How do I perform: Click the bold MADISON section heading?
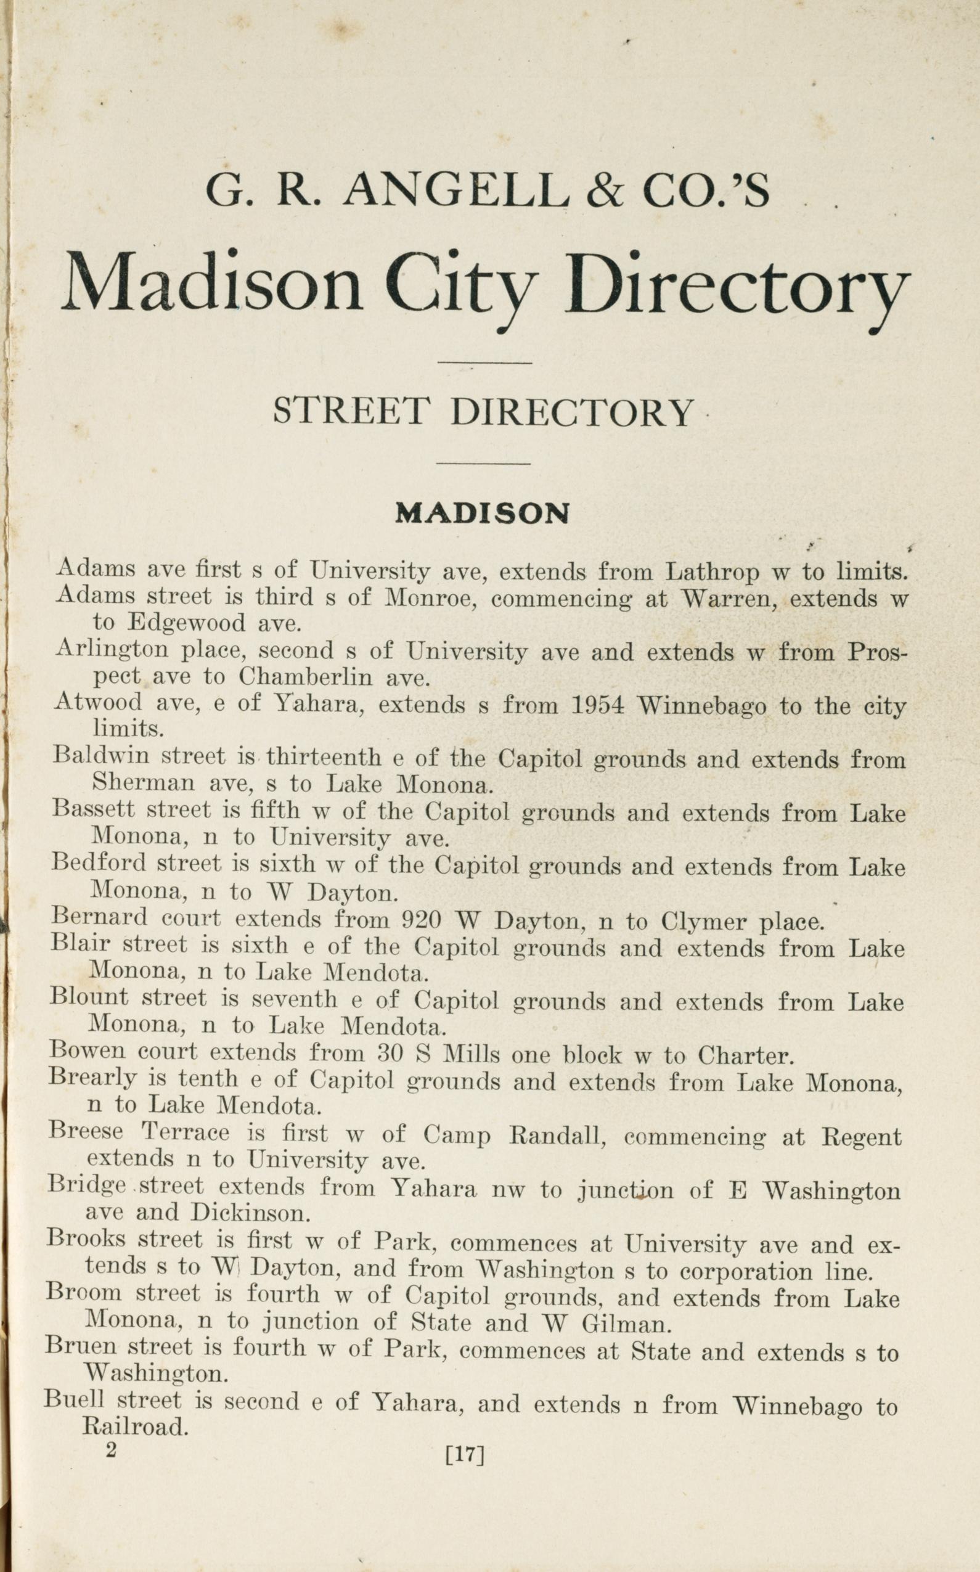482,514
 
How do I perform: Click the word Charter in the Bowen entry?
745,1057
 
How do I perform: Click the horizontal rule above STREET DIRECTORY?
484,363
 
